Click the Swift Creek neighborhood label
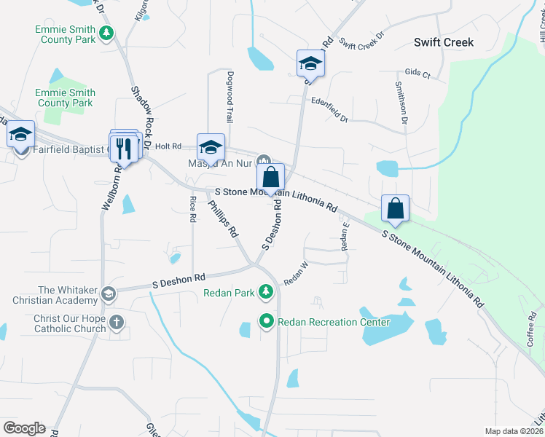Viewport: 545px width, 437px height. (443, 42)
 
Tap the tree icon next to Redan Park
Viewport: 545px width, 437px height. (266, 293)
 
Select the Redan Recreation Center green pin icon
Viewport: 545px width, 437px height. (267, 320)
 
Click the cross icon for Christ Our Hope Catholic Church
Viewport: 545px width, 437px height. (117, 322)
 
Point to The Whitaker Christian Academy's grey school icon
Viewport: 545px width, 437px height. (109, 294)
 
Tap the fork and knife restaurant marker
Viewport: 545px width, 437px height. (125, 149)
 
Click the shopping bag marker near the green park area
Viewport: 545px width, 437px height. (395, 208)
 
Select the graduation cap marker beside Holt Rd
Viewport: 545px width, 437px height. (211, 148)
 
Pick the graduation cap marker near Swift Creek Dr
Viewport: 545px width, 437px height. (310, 64)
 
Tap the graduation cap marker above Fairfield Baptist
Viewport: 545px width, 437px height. (20, 135)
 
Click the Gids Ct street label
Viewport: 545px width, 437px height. (417, 74)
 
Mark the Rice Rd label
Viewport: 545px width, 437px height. (193, 208)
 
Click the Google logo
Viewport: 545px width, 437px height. (24, 428)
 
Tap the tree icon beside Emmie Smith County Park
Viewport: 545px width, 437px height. (106, 33)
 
